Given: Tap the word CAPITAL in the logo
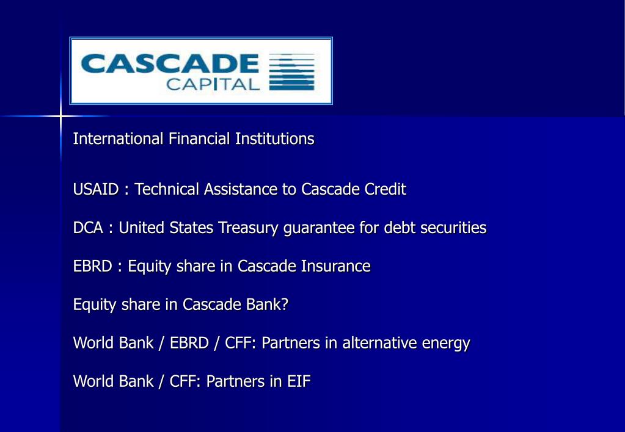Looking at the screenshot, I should [x=213, y=84].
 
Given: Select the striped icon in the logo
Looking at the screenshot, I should [x=291, y=72].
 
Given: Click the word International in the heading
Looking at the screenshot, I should [x=118, y=139].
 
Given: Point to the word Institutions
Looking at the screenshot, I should [x=274, y=139].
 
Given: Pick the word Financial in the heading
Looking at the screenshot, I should [x=200, y=139].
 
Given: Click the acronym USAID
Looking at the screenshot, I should [x=96, y=190].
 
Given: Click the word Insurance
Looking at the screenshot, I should [x=335, y=267].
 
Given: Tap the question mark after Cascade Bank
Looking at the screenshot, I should [x=284, y=304].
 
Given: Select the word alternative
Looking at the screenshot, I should [x=379, y=344].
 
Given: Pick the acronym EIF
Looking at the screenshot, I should [x=299, y=382].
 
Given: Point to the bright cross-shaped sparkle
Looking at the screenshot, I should [x=60, y=115].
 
